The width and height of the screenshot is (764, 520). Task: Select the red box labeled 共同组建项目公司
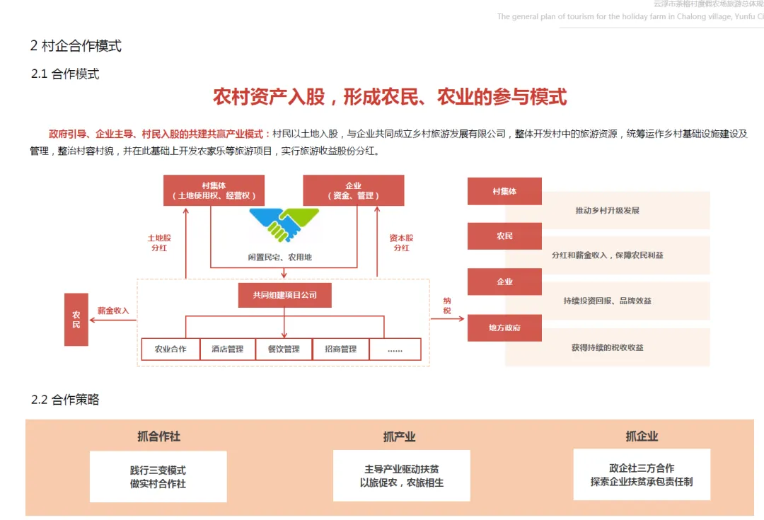pyautogui.click(x=284, y=294)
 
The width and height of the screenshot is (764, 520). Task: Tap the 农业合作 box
pyautogui.click(x=170, y=349)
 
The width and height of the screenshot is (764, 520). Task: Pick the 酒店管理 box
pyautogui.click(x=227, y=349)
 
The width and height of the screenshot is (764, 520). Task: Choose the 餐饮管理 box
pyautogui.click(x=284, y=349)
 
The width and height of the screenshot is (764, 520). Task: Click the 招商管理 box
pyautogui.click(x=341, y=349)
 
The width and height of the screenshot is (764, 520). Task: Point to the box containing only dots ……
pyautogui.click(x=395, y=349)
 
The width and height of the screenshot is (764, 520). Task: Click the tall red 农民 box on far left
pyautogui.click(x=76, y=319)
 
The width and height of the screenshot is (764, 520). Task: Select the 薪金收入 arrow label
pyautogui.click(x=113, y=311)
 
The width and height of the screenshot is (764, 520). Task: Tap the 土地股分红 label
pyautogui.click(x=159, y=243)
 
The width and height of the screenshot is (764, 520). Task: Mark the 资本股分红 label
pyautogui.click(x=402, y=243)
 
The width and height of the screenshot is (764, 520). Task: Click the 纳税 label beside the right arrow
pyautogui.click(x=447, y=306)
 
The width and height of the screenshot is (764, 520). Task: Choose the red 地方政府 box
pyautogui.click(x=504, y=328)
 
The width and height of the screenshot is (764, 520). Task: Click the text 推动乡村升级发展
pyautogui.click(x=607, y=211)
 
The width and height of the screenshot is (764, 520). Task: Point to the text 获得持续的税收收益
pyautogui.click(x=607, y=347)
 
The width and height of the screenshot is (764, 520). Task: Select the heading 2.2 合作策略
pyautogui.click(x=65, y=400)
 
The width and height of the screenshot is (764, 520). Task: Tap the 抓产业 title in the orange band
pyautogui.click(x=399, y=437)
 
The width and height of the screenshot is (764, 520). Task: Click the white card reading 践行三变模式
pyautogui.click(x=158, y=477)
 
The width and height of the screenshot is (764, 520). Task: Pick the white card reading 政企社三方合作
pyautogui.click(x=642, y=475)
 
